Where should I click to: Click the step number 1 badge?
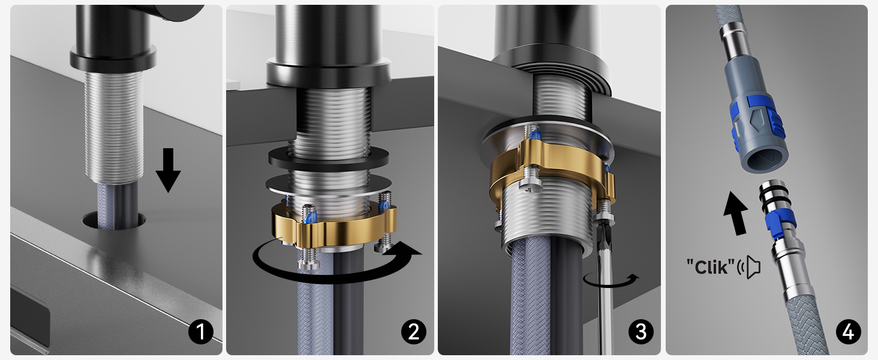pos(201,332)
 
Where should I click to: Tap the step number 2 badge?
pos(414,332)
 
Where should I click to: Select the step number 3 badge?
pos(641,332)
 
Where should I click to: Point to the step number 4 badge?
pos(849,332)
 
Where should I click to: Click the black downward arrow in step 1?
pos(168,170)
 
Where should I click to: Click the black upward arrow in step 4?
pos(736,212)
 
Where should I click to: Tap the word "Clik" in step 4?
pos(711,267)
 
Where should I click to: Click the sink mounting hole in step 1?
pos(114,220)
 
